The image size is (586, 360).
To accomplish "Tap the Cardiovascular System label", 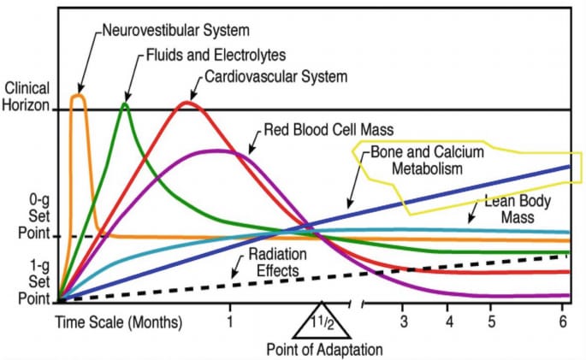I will [x=275, y=76].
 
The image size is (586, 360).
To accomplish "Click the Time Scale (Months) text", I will [x=120, y=322].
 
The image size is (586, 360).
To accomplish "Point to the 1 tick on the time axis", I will [x=230, y=322].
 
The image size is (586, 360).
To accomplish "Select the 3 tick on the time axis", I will [x=405, y=322].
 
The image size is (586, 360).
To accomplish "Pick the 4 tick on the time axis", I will [x=449, y=322].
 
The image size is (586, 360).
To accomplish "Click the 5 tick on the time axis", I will [x=492, y=322].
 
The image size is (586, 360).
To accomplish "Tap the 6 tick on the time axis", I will [x=564, y=322].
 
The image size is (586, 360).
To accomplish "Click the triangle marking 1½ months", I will [x=322, y=323].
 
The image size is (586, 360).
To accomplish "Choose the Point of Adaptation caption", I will [x=323, y=350].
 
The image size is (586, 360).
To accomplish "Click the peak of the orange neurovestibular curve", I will [x=78, y=97].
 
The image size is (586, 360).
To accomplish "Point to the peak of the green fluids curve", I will [x=126, y=104].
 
